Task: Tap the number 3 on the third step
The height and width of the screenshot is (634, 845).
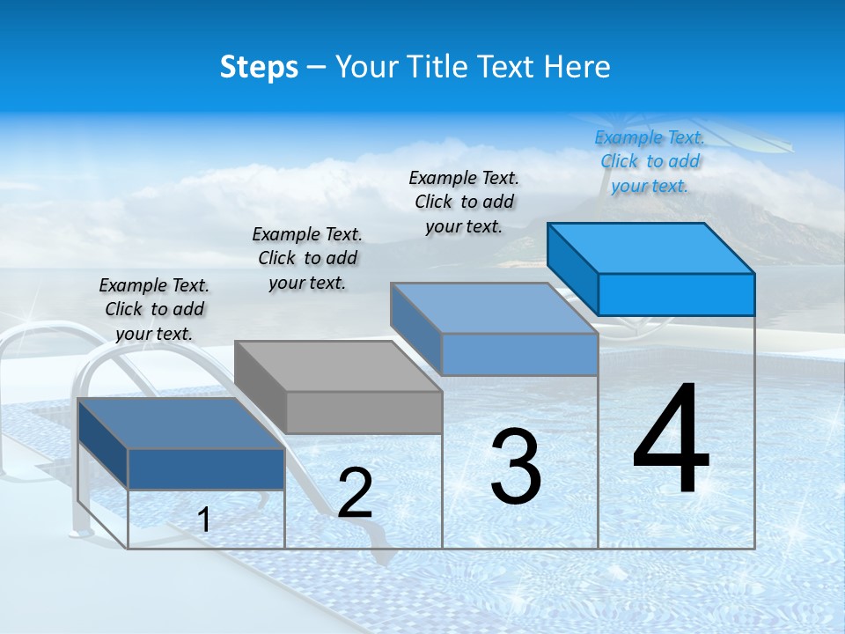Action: pos(516,467)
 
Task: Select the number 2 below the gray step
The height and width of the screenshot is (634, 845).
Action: pos(355,493)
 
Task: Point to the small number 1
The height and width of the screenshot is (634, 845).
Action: pos(204,520)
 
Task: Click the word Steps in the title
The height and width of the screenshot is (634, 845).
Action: pos(259,67)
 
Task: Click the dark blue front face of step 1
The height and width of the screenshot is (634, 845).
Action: pos(206,468)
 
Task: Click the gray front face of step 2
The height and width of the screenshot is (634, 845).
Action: pos(364,412)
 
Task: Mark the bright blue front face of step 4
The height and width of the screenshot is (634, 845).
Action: pos(676,294)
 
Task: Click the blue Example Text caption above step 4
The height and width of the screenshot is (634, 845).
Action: pos(650,161)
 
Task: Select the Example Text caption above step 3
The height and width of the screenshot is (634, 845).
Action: pos(464,202)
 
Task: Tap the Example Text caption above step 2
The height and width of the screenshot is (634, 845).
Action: pos(307,258)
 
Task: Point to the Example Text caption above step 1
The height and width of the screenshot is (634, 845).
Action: pos(154,309)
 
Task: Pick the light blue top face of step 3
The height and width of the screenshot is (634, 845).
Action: pos(493,307)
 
